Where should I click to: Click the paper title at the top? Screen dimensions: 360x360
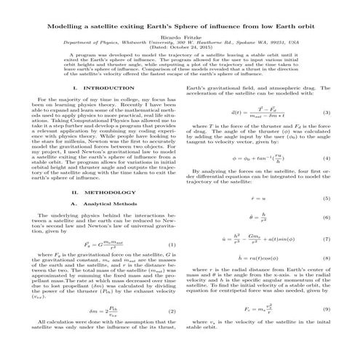(180, 24)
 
